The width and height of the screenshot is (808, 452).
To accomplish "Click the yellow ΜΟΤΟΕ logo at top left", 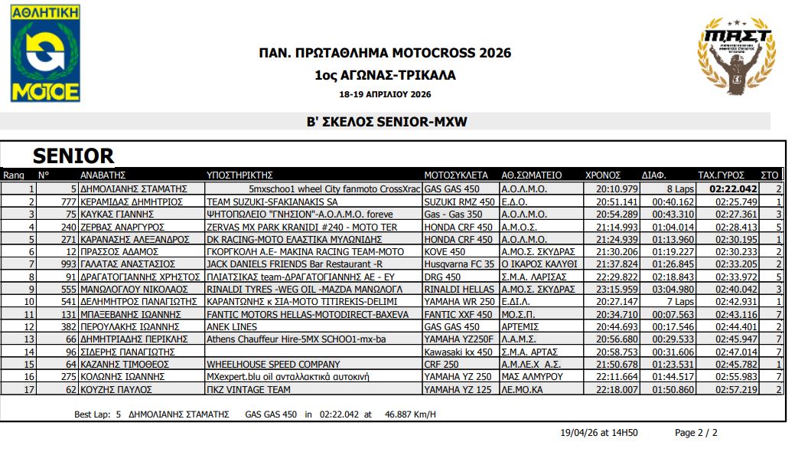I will pos(45,53).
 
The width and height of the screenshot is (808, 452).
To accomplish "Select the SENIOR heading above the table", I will pos(73,156).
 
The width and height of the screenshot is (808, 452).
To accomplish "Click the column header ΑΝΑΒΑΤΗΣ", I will pos(102,175).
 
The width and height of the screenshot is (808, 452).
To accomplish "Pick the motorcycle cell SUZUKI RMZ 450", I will pos(458,201).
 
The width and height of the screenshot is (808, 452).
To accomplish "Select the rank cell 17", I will pos(30,389).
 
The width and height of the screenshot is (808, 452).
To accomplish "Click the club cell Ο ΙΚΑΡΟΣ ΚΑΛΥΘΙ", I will pos(534,264).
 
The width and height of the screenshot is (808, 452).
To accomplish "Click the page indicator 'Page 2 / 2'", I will pos(696,433).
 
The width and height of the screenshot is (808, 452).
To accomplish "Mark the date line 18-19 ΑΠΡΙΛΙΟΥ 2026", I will pos(385,95).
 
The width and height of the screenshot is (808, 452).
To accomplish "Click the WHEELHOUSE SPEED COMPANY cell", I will pos(273,364).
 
